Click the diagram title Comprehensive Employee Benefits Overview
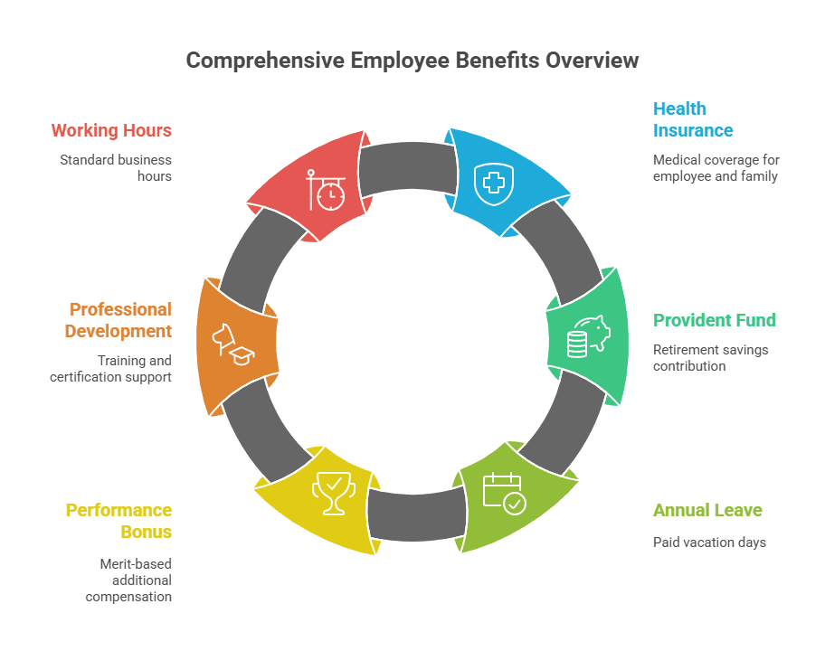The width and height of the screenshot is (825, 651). (412, 61)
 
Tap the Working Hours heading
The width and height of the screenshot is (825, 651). (111, 130)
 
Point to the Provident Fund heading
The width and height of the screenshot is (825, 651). (715, 320)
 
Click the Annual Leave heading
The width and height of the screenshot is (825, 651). (707, 510)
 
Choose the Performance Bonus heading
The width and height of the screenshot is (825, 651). (119, 521)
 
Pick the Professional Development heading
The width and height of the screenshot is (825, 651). (119, 320)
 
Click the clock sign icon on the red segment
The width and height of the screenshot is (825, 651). (326, 190)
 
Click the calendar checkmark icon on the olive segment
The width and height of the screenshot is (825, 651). (503, 494)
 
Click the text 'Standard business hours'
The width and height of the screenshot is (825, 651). (116, 168)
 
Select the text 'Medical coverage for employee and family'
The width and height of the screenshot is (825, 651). (716, 168)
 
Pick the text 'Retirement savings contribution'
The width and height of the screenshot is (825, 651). (710, 358)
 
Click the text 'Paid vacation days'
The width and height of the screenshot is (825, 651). (709, 542)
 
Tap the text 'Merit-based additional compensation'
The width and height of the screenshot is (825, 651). (128, 580)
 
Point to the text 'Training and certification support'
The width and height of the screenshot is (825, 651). (110, 368)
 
